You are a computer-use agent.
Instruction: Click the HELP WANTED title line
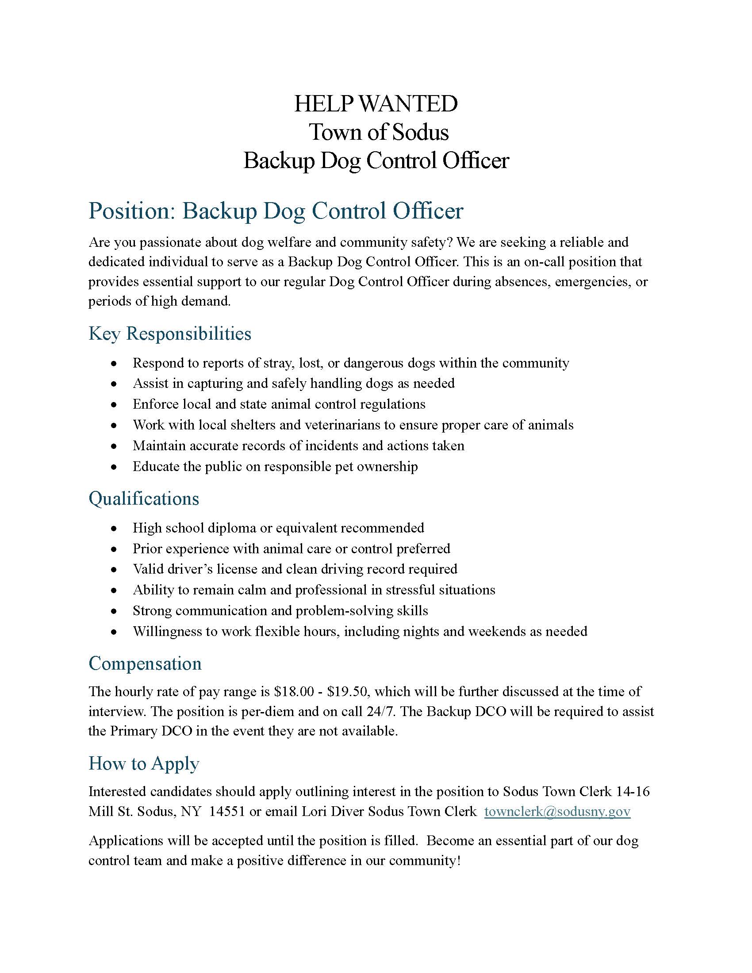(376, 104)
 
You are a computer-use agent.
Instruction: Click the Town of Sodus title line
(379, 132)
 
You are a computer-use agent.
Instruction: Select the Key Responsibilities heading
(170, 333)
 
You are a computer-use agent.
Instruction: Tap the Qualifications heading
(144, 498)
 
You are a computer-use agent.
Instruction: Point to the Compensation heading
(145, 663)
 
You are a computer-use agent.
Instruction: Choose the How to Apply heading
(144, 763)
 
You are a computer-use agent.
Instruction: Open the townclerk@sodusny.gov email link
(557, 811)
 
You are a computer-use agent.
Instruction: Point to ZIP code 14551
(227, 811)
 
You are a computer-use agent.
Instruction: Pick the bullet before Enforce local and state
(115, 405)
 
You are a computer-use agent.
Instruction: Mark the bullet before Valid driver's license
(115, 570)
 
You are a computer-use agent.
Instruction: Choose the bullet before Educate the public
(115, 467)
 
